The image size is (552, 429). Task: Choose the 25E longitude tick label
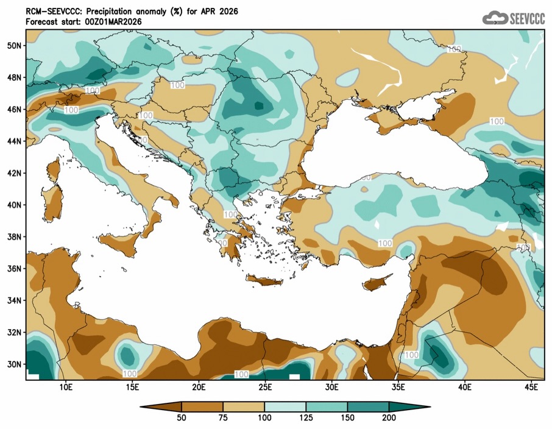(x=265, y=387)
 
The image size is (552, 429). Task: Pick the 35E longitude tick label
(x=398, y=387)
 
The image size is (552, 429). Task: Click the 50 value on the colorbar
(x=182, y=418)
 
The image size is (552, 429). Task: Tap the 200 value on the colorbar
(x=389, y=418)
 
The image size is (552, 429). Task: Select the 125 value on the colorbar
(x=306, y=418)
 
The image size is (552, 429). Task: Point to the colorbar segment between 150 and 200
(x=368, y=406)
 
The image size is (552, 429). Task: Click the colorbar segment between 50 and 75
(x=203, y=406)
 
